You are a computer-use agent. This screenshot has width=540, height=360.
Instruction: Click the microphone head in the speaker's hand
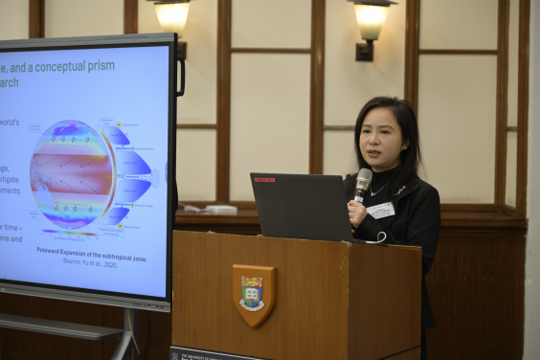tap(364, 179)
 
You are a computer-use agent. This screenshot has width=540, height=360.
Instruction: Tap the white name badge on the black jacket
tap(381, 210)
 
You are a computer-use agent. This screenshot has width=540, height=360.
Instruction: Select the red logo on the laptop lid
tap(264, 179)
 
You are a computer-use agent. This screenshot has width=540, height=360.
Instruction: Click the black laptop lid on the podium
tap(301, 206)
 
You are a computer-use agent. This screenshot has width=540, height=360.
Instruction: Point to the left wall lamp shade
tap(172, 15)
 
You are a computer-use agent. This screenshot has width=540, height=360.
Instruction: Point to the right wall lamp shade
tap(372, 19)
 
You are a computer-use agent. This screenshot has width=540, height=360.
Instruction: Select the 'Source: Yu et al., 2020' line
tap(100, 260)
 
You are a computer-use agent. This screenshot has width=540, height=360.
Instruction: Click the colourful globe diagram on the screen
tap(72, 173)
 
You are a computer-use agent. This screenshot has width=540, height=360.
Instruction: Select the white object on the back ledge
tap(219, 209)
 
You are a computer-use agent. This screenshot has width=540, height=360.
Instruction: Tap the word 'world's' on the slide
tap(9, 123)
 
